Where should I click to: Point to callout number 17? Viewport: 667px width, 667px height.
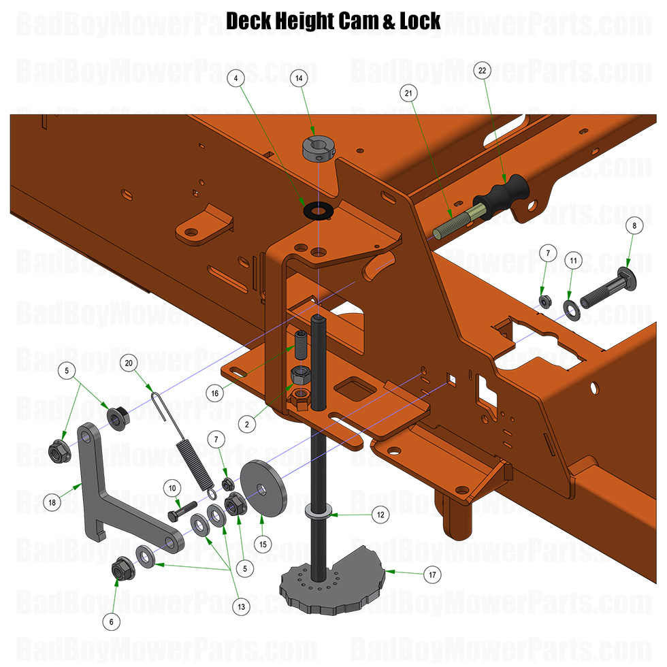click(431, 574)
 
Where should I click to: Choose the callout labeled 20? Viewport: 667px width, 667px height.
click(129, 363)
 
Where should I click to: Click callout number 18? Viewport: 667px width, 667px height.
click(52, 503)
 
